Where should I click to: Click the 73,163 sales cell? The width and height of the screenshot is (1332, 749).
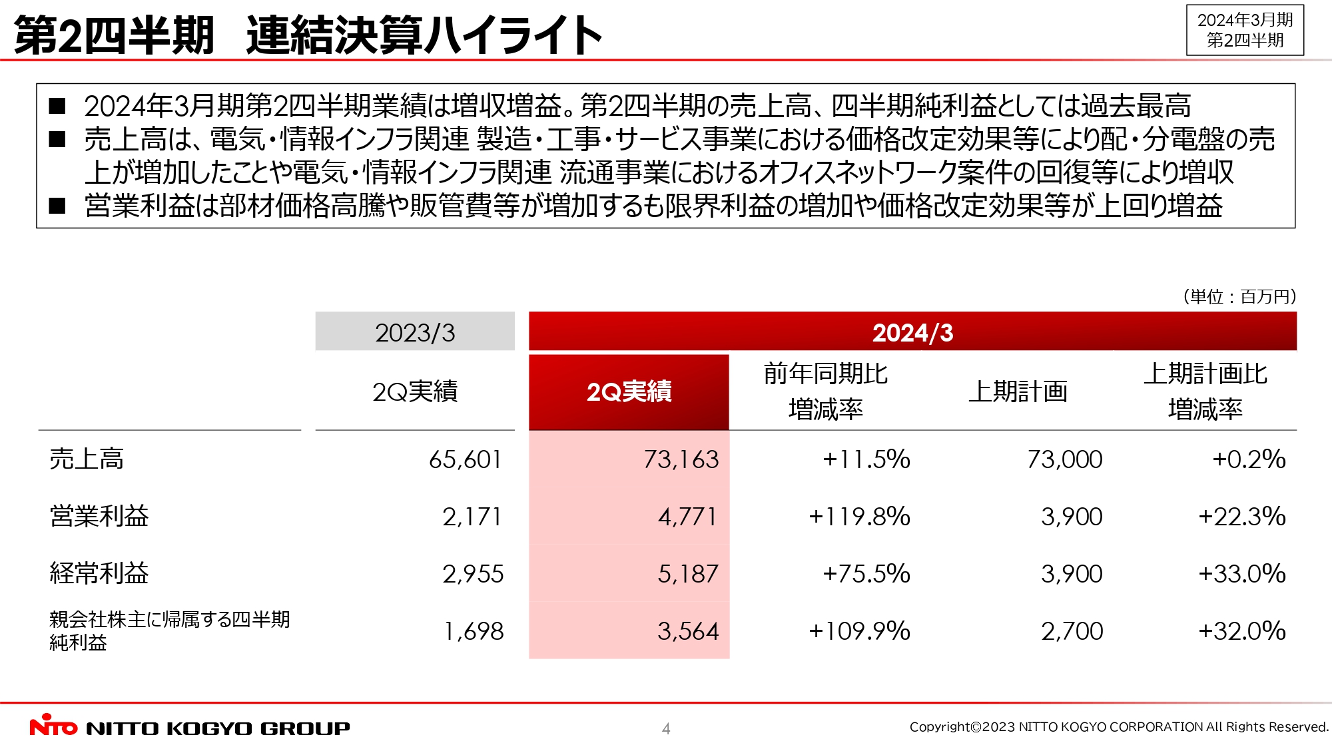point(681,459)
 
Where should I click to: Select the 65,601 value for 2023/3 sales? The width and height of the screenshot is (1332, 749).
point(465,459)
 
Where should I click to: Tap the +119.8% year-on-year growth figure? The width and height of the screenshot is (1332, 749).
point(859,517)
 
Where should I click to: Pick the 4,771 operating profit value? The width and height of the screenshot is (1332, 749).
point(687,517)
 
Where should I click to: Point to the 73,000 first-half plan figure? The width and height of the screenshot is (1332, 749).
point(1064,459)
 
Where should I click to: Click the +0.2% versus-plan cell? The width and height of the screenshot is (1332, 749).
point(1249,459)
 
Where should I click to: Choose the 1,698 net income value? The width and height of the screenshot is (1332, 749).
point(474,631)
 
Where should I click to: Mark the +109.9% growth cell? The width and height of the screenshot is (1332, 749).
point(859,631)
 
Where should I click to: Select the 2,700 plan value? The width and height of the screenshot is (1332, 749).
point(1072,631)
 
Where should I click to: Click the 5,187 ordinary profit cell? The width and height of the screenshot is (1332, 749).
point(688,574)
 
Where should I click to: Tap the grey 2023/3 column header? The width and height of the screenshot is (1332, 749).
point(415,332)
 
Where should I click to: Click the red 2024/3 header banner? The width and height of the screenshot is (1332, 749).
point(912,332)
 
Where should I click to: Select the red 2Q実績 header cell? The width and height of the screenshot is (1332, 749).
point(629,392)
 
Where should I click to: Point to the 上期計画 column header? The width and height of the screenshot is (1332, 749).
point(1018,392)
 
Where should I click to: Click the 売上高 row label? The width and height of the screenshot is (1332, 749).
point(87,459)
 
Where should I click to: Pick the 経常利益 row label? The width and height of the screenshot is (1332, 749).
point(99,574)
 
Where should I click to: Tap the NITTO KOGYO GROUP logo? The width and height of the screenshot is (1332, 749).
point(190,727)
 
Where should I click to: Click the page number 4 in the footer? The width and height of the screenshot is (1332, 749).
point(666,729)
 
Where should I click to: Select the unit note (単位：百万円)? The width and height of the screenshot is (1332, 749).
point(1239,297)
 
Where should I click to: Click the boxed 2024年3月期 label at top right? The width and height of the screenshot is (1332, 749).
point(1245,30)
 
